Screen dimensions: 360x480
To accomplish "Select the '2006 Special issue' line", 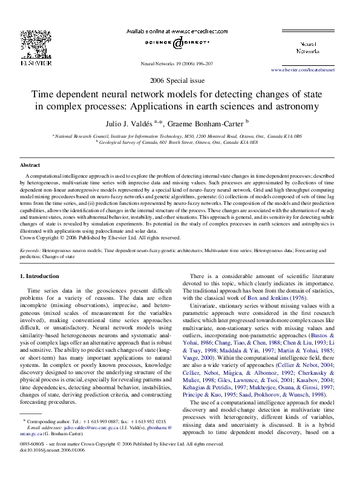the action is pyautogui.click(x=179, y=81).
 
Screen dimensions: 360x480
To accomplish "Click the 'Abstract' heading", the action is pyautogui.click(x=30, y=164).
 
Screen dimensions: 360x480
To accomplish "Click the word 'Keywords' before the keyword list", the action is pyautogui.click(x=31, y=250).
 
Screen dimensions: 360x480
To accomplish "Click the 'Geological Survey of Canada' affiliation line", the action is pyautogui.click(x=180, y=143).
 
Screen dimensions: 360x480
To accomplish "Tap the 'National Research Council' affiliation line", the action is pyautogui.click(x=180, y=137).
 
